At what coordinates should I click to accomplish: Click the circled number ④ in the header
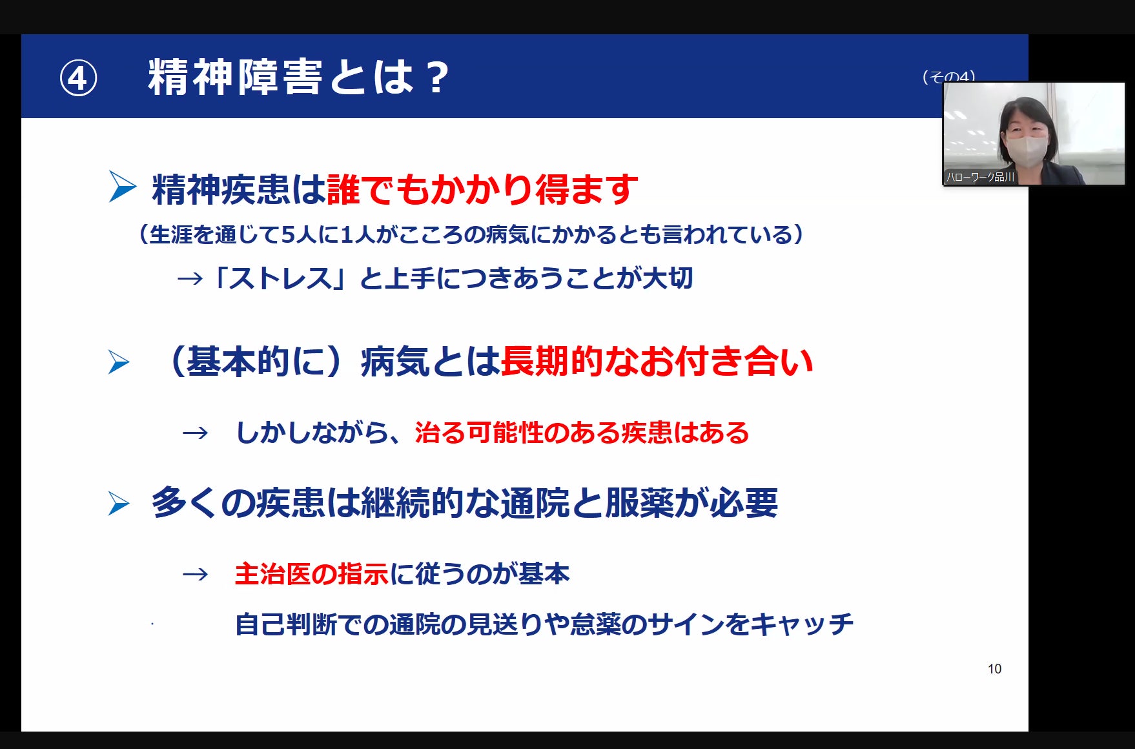(x=78, y=79)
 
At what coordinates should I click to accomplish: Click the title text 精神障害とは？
(x=298, y=77)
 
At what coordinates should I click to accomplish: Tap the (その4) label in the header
(x=948, y=77)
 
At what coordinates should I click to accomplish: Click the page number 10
(x=994, y=669)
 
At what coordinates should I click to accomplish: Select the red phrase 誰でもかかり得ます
(x=482, y=189)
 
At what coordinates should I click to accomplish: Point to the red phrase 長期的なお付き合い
(x=657, y=361)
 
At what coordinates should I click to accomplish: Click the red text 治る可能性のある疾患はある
(x=582, y=433)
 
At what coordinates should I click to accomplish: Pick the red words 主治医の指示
(x=312, y=574)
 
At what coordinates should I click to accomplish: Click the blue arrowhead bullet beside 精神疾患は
(x=122, y=187)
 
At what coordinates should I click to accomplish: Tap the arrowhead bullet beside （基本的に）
(x=119, y=362)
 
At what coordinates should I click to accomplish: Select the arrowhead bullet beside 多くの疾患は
(x=119, y=504)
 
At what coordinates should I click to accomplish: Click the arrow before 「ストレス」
(x=190, y=279)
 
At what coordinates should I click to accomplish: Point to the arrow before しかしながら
(x=196, y=433)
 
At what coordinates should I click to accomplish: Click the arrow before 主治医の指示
(x=196, y=574)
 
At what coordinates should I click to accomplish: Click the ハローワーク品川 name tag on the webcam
(x=980, y=177)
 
